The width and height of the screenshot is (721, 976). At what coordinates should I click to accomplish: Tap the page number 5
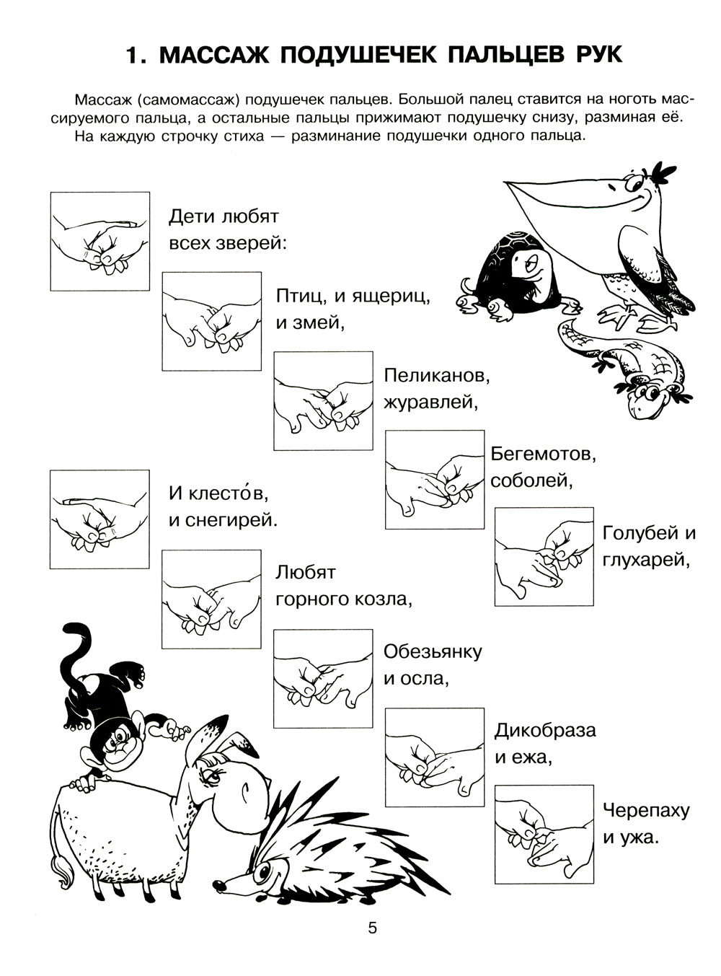click(372, 928)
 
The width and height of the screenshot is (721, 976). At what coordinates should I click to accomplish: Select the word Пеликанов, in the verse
click(437, 375)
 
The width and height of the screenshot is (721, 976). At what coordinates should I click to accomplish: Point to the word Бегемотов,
click(543, 454)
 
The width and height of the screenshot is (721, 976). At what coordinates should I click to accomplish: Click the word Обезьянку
click(433, 651)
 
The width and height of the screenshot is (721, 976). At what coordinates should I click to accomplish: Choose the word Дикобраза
click(544, 730)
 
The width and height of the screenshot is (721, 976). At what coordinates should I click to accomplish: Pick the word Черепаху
click(646, 810)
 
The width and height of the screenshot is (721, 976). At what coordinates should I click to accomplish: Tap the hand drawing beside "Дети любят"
click(99, 241)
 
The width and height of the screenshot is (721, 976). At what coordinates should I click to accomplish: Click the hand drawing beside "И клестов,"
click(99, 519)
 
